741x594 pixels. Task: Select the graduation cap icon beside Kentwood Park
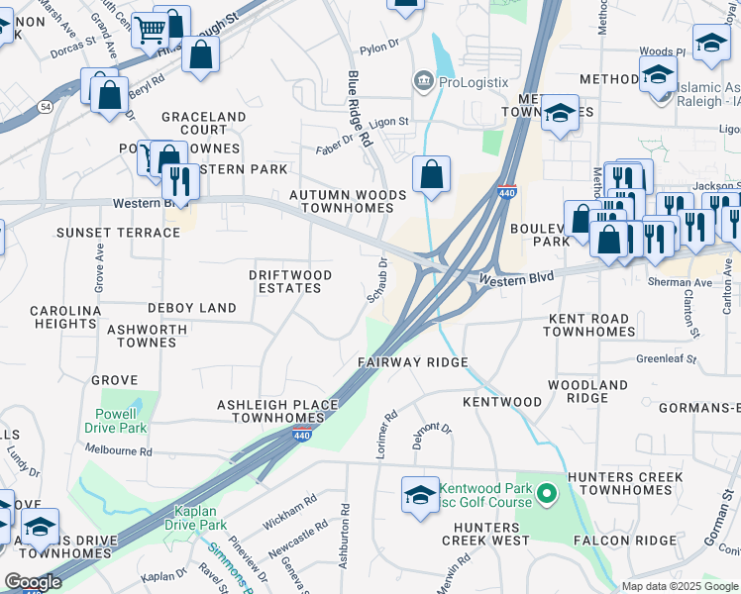pyautogui.click(x=420, y=493)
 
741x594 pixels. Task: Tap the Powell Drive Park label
pyautogui.click(x=122, y=421)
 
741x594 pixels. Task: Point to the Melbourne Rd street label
pyautogui.click(x=118, y=451)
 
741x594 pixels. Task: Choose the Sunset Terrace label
pyautogui.click(x=105, y=233)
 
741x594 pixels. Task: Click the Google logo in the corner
pyautogui.click(x=32, y=581)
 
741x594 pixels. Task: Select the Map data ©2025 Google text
pyautogui.click(x=680, y=586)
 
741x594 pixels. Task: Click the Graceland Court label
pyautogui.click(x=203, y=123)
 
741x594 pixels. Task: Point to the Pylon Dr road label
pyautogui.click(x=378, y=47)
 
